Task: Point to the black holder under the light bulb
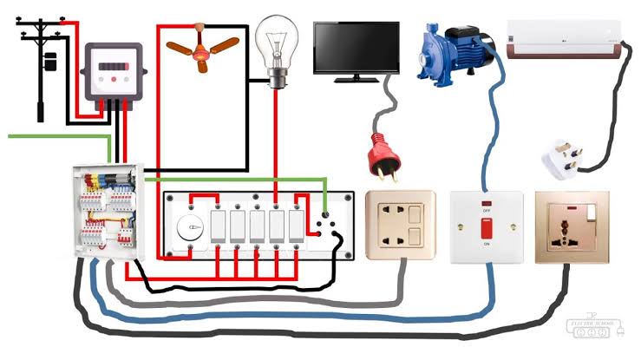[x=277, y=82]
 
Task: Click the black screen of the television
[x=356, y=49]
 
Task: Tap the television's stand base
[x=356, y=80]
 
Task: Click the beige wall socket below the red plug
[x=398, y=225]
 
